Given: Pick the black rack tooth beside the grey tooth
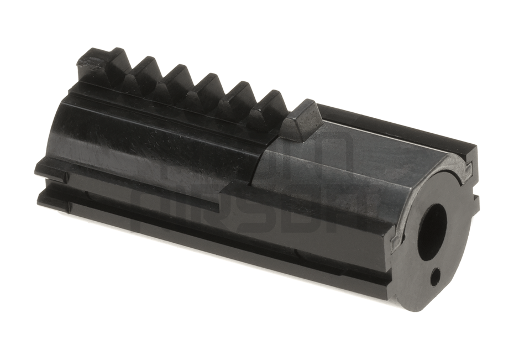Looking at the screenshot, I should [x=268, y=111].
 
